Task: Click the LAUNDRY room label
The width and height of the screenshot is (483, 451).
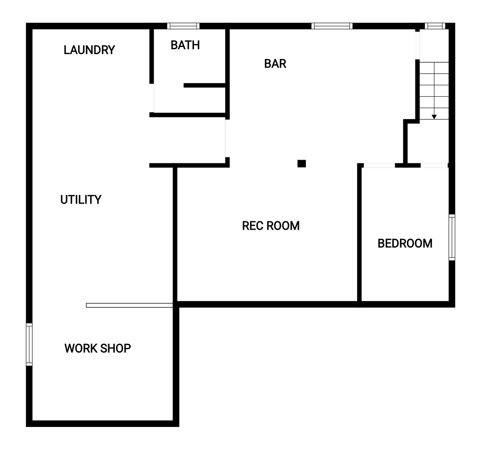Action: [x=89, y=50]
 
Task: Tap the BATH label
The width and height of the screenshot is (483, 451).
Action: [x=185, y=45]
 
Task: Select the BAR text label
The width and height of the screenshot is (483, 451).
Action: [x=275, y=64]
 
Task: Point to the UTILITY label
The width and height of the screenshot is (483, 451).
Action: [x=81, y=200]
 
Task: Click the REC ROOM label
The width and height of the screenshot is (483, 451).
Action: [x=271, y=226]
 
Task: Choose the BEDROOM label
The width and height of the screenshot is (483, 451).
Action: [x=405, y=243]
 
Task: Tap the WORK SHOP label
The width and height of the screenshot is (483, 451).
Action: [x=97, y=348]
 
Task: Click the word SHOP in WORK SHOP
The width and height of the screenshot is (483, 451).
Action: [x=116, y=348]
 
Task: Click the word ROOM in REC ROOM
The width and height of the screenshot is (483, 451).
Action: [x=283, y=226]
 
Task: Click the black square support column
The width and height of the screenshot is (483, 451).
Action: [x=301, y=164]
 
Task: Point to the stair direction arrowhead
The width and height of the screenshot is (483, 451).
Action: [x=434, y=117]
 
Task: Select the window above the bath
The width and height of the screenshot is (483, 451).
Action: [x=183, y=26]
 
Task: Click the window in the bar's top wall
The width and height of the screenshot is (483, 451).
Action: [x=332, y=26]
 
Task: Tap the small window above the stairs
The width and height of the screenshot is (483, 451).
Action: [x=435, y=26]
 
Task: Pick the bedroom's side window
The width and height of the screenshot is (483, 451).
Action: [x=452, y=237]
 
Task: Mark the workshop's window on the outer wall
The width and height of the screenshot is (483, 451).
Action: [x=29, y=344]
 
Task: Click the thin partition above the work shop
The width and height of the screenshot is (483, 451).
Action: [x=129, y=305]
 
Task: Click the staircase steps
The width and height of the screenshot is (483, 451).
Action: [x=434, y=91]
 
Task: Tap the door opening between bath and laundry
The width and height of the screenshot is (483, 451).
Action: [x=151, y=98]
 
